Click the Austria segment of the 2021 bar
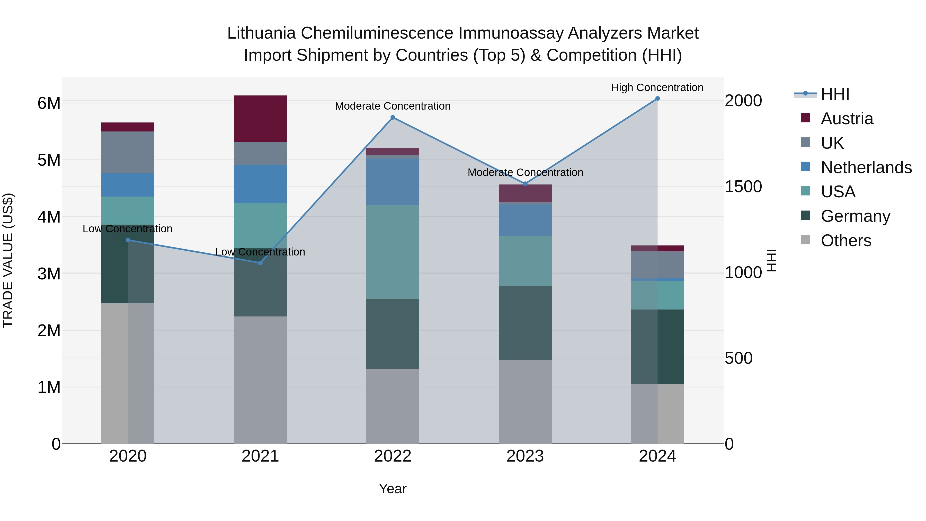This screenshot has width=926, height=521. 260,119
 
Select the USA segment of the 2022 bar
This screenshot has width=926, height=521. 393,252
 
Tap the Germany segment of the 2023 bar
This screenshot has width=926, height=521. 525,323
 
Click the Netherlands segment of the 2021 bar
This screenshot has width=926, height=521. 260,184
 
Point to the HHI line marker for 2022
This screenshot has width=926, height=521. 393,118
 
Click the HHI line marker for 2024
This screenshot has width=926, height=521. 657,99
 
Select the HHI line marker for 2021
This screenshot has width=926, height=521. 260,263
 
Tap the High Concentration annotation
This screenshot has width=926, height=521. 657,87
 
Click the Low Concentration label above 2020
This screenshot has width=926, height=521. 128,229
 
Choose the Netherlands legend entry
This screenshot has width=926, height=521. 866,167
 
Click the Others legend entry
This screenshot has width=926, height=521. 846,241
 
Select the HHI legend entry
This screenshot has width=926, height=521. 835,94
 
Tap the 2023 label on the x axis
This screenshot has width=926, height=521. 525,456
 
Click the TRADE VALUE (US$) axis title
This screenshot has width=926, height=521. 8,260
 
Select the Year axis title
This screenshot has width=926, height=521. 393,489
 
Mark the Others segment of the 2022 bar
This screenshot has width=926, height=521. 393,406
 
